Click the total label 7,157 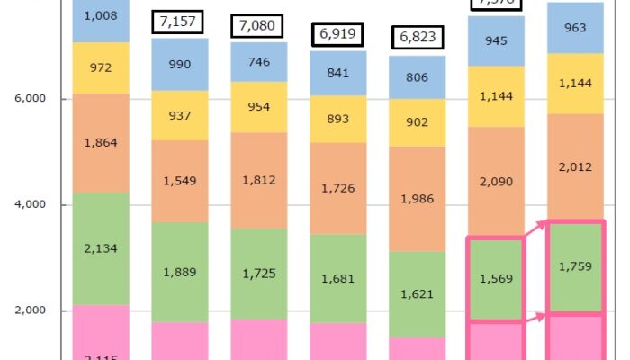pos(179,22)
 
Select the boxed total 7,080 pos(258,26)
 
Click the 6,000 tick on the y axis pos(31,99)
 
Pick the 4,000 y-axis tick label pos(31,205)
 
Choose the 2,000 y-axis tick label pos(31,311)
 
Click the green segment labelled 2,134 pos(101,248)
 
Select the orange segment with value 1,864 pos(101,142)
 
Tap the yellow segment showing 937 pos(179,115)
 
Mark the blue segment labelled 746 pos(258,61)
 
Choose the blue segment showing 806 pos(417,77)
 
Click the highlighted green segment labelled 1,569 pos(496,279)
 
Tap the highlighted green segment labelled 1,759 pos(575,266)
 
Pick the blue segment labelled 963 pos(575,28)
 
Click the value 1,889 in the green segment pos(179,272)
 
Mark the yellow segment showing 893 pos(337,119)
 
